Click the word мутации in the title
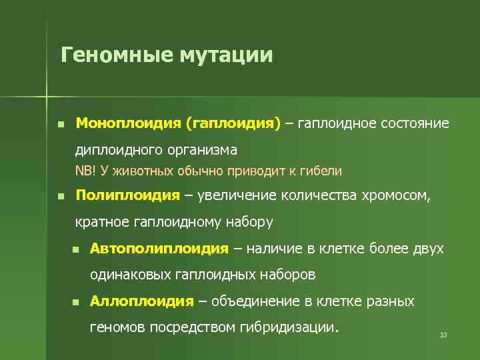225,54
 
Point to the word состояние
413,124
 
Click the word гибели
322,171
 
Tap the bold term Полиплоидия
128,195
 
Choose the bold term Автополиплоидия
159,249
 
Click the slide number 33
443,335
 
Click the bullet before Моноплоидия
61,125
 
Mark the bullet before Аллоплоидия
75,302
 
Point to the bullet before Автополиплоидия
75,249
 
